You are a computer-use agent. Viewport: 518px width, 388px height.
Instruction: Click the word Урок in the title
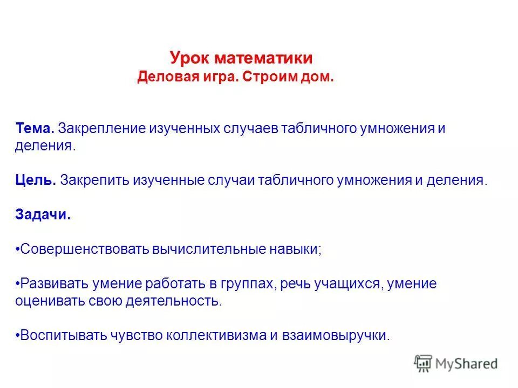(190, 58)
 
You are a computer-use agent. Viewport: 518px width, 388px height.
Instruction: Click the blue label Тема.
(34, 129)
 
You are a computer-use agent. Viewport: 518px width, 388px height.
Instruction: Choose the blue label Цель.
(36, 180)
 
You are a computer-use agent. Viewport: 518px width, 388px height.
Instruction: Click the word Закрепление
(103, 129)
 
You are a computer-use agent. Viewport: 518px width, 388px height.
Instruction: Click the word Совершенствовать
(83, 250)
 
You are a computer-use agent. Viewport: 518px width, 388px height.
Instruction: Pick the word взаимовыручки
(336, 335)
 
